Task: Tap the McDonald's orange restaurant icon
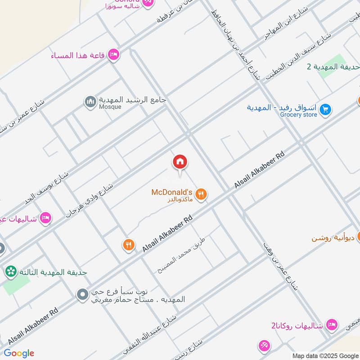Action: tap(202, 194)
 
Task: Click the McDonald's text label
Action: tap(171, 192)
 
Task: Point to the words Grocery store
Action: tap(298, 115)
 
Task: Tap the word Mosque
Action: tap(110, 107)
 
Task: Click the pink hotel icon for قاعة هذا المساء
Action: tap(114, 55)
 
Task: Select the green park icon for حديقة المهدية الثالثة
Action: tap(10, 272)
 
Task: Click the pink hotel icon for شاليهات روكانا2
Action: tap(332, 325)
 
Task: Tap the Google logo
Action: tap(19, 353)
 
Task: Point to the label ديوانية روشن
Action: tap(333, 238)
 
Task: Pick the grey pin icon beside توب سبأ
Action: tap(82, 295)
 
